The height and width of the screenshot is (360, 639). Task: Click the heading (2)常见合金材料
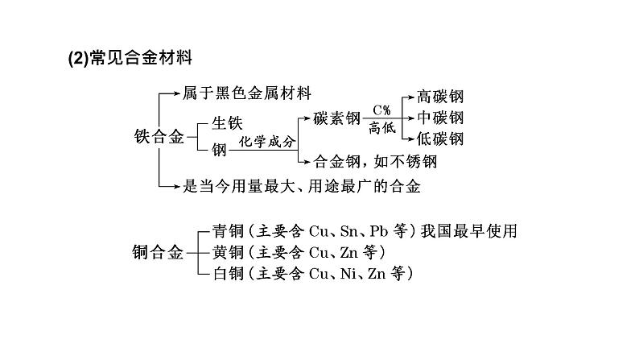click(130, 57)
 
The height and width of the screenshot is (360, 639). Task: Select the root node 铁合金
click(159, 137)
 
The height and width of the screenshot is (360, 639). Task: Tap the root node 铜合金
click(158, 252)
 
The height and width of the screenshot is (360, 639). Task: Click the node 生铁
click(227, 123)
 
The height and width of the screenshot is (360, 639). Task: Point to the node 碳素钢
click(337, 118)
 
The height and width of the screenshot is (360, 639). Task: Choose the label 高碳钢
click(440, 97)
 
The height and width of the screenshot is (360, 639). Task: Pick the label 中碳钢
click(440, 118)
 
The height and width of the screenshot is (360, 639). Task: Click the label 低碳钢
click(440, 139)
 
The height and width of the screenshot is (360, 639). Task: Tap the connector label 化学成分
click(267, 142)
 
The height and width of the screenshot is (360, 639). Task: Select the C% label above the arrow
click(381, 110)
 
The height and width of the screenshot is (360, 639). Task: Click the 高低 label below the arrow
click(382, 128)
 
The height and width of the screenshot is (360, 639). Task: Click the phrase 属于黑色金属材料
click(246, 93)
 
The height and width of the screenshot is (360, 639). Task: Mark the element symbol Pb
click(378, 231)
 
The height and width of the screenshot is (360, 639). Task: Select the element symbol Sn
click(348, 231)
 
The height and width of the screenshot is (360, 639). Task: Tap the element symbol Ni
click(348, 273)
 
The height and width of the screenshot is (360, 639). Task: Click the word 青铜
click(229, 231)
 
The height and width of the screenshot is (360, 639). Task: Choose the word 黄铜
click(229, 252)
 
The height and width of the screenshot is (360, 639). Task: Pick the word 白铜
click(229, 273)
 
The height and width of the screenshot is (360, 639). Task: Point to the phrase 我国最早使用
click(469, 231)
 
